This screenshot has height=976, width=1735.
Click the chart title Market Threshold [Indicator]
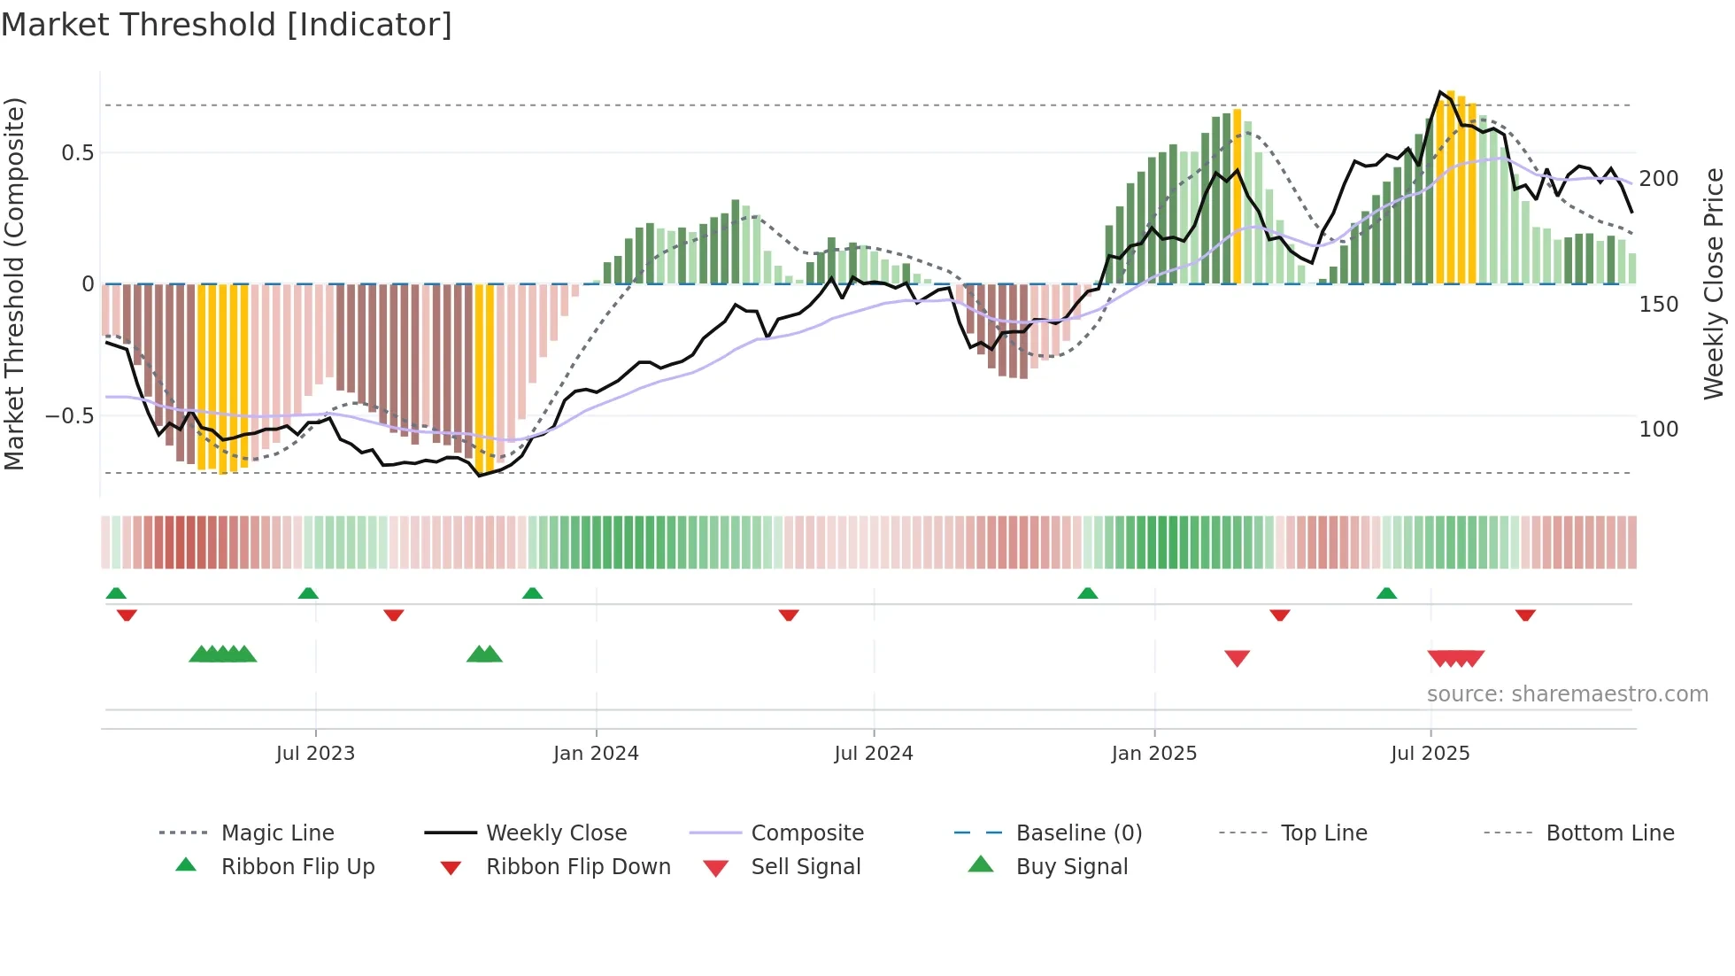(x=227, y=25)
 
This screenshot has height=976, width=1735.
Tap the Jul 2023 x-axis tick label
(x=315, y=754)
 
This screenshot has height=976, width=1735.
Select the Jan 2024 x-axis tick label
(x=596, y=754)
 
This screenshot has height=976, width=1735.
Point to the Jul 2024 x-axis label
(x=873, y=754)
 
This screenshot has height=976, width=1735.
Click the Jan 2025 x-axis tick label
(x=1153, y=754)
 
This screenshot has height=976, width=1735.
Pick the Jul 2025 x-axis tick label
(x=1430, y=754)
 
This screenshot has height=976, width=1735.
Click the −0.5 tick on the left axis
(x=70, y=416)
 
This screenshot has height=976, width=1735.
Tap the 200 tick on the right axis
(x=1658, y=179)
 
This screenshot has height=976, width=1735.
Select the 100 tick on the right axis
(x=1658, y=430)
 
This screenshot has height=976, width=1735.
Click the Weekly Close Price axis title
(x=1714, y=283)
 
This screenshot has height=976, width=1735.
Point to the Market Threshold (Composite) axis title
(x=14, y=283)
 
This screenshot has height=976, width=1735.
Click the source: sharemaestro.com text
(x=1567, y=694)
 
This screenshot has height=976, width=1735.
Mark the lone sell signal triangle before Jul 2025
(x=1237, y=658)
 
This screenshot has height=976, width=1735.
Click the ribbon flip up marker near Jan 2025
(x=1087, y=593)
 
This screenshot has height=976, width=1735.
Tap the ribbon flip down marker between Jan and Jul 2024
(x=789, y=615)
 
